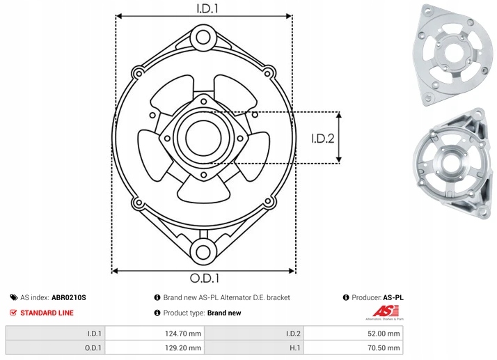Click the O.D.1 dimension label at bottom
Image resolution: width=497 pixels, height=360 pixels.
(x=203, y=279)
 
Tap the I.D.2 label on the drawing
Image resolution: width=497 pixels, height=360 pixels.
(x=323, y=138)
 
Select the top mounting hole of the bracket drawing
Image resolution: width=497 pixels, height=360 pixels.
(x=203, y=36)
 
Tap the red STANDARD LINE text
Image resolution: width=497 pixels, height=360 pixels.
(x=47, y=313)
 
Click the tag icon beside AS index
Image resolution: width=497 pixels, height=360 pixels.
(x=13, y=297)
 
